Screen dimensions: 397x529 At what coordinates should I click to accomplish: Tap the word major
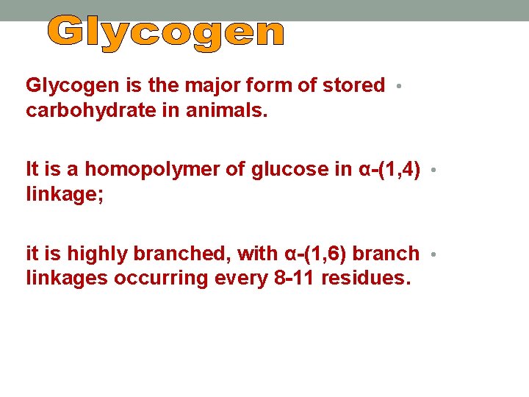tap(204, 85)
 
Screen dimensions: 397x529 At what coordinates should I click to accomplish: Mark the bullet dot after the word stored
tap(397, 86)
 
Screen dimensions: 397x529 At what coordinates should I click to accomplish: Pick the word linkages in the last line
tap(60, 278)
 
